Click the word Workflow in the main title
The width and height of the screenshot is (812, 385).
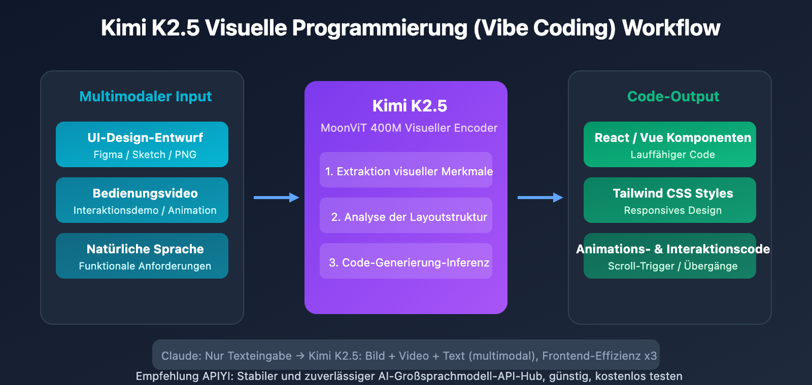[x=671, y=28]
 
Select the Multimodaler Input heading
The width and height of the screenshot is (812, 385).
[x=145, y=96]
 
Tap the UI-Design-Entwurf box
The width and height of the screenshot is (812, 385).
[x=142, y=144]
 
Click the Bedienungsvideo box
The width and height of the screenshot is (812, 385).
[x=142, y=200]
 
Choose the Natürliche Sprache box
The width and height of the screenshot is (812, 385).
[x=142, y=256]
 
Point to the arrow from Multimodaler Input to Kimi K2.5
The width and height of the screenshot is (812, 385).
[x=276, y=198]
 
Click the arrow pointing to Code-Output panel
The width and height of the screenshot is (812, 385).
[x=540, y=198]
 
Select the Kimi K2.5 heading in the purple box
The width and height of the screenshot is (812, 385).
[x=410, y=106]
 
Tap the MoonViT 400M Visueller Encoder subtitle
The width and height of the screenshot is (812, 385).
[x=409, y=128]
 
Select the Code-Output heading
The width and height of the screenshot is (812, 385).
[x=673, y=96]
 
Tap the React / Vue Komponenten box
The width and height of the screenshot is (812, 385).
[x=670, y=144]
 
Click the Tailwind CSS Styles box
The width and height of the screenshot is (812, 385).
[x=670, y=200]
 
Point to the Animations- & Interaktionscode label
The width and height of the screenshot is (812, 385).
[x=673, y=249]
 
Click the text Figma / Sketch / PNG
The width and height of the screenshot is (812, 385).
[x=145, y=155]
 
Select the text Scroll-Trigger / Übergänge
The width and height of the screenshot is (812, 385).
[x=672, y=266]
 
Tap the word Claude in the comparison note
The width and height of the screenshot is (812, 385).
[x=180, y=356]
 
